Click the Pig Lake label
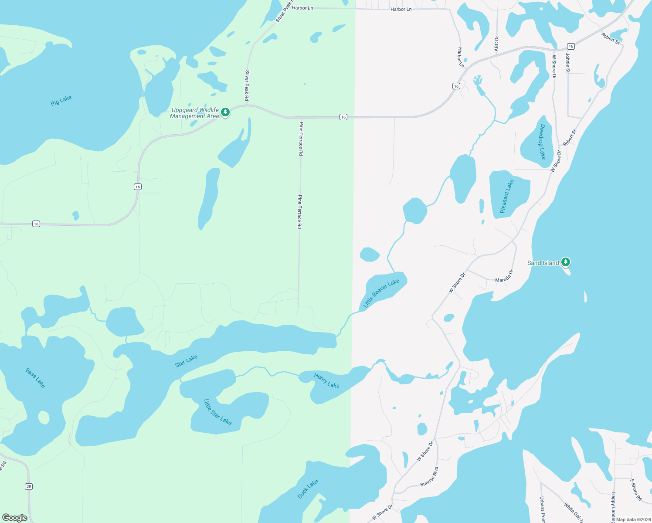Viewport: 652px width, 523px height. click(x=61, y=100)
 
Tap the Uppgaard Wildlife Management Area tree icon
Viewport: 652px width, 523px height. click(x=225, y=112)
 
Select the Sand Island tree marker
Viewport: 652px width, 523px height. click(x=566, y=262)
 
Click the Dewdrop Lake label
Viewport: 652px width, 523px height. click(x=543, y=142)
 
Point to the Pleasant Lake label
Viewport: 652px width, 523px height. click(x=507, y=196)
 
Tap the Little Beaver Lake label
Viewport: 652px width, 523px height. click(x=381, y=293)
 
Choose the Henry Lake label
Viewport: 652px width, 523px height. click(x=326, y=380)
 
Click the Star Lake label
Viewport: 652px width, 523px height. click(x=186, y=361)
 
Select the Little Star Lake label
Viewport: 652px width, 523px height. click(x=217, y=411)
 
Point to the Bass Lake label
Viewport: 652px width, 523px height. click(x=35, y=378)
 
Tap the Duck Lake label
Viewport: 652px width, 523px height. click(x=308, y=489)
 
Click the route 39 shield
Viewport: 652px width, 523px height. click(x=29, y=486)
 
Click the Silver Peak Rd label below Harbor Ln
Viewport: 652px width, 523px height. click(x=247, y=85)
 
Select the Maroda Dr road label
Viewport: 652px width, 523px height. click(x=504, y=276)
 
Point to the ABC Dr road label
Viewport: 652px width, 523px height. click(x=496, y=44)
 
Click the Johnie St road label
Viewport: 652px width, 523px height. click(x=567, y=62)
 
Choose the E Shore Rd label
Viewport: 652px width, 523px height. click(x=636, y=489)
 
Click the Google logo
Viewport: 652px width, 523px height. click(x=14, y=518)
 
